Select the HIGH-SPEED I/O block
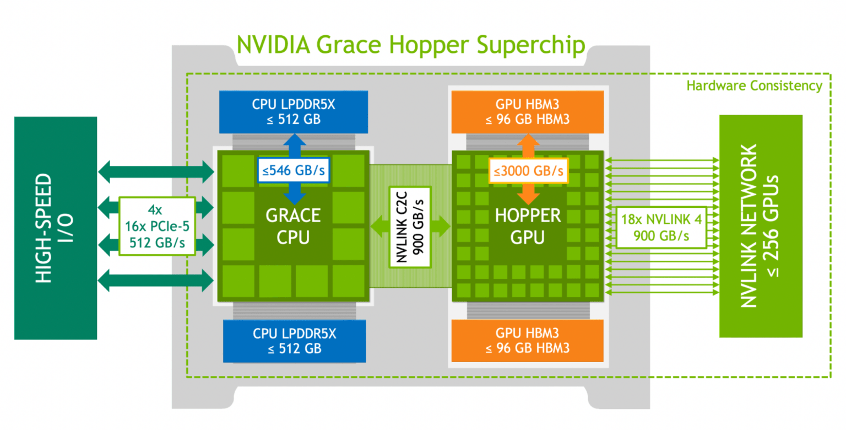55,228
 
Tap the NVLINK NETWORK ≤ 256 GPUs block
761,226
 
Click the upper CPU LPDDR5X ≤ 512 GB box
294,112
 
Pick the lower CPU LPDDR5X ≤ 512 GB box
294,341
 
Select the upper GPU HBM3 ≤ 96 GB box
527,112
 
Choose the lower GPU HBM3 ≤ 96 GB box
527,341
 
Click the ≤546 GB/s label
294,170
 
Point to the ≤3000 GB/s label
528,170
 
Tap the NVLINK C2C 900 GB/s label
410,227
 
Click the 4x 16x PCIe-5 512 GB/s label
158,227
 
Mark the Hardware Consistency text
754,85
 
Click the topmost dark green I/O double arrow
155,171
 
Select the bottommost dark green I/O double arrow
155,281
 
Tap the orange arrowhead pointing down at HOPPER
528,197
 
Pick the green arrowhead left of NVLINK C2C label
378,227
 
